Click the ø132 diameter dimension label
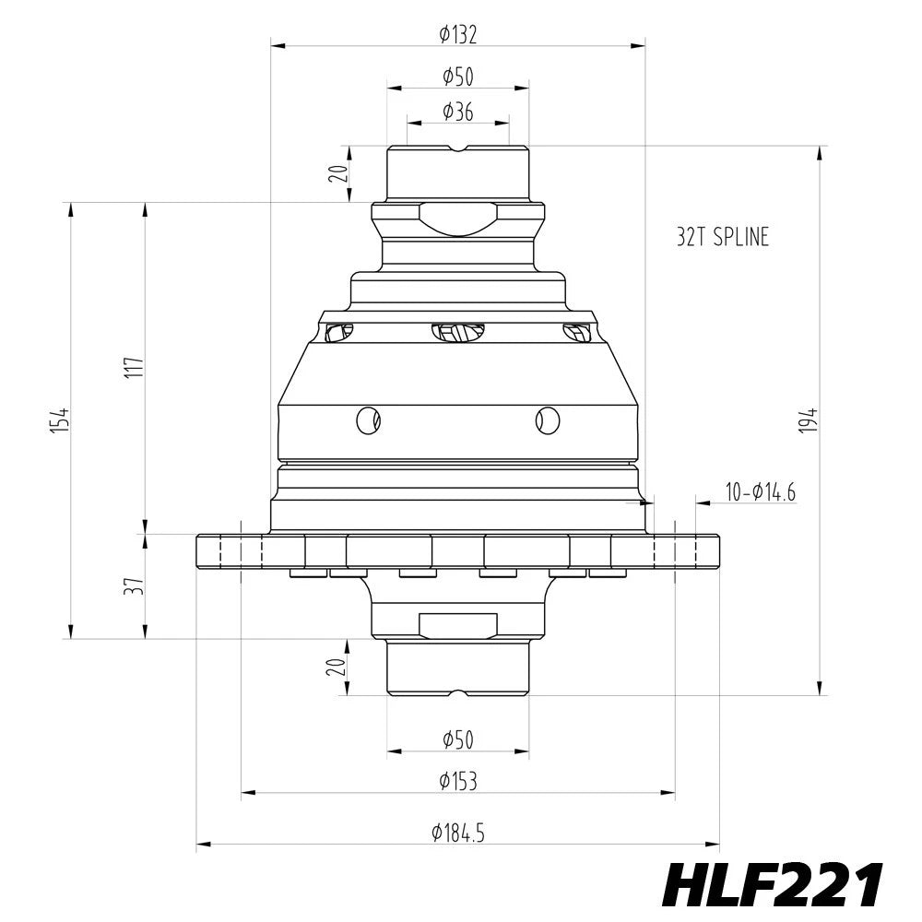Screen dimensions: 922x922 (458, 35)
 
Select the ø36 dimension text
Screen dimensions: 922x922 (458, 112)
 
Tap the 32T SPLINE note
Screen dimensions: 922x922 (723, 237)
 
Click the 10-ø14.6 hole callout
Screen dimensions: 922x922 (761, 492)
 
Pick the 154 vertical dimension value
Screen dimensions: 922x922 (61, 420)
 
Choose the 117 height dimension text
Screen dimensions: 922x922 (135, 368)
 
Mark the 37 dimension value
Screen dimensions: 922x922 (135, 586)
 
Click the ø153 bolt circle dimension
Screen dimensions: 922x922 (458, 782)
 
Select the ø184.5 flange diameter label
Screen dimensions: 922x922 (458, 833)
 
